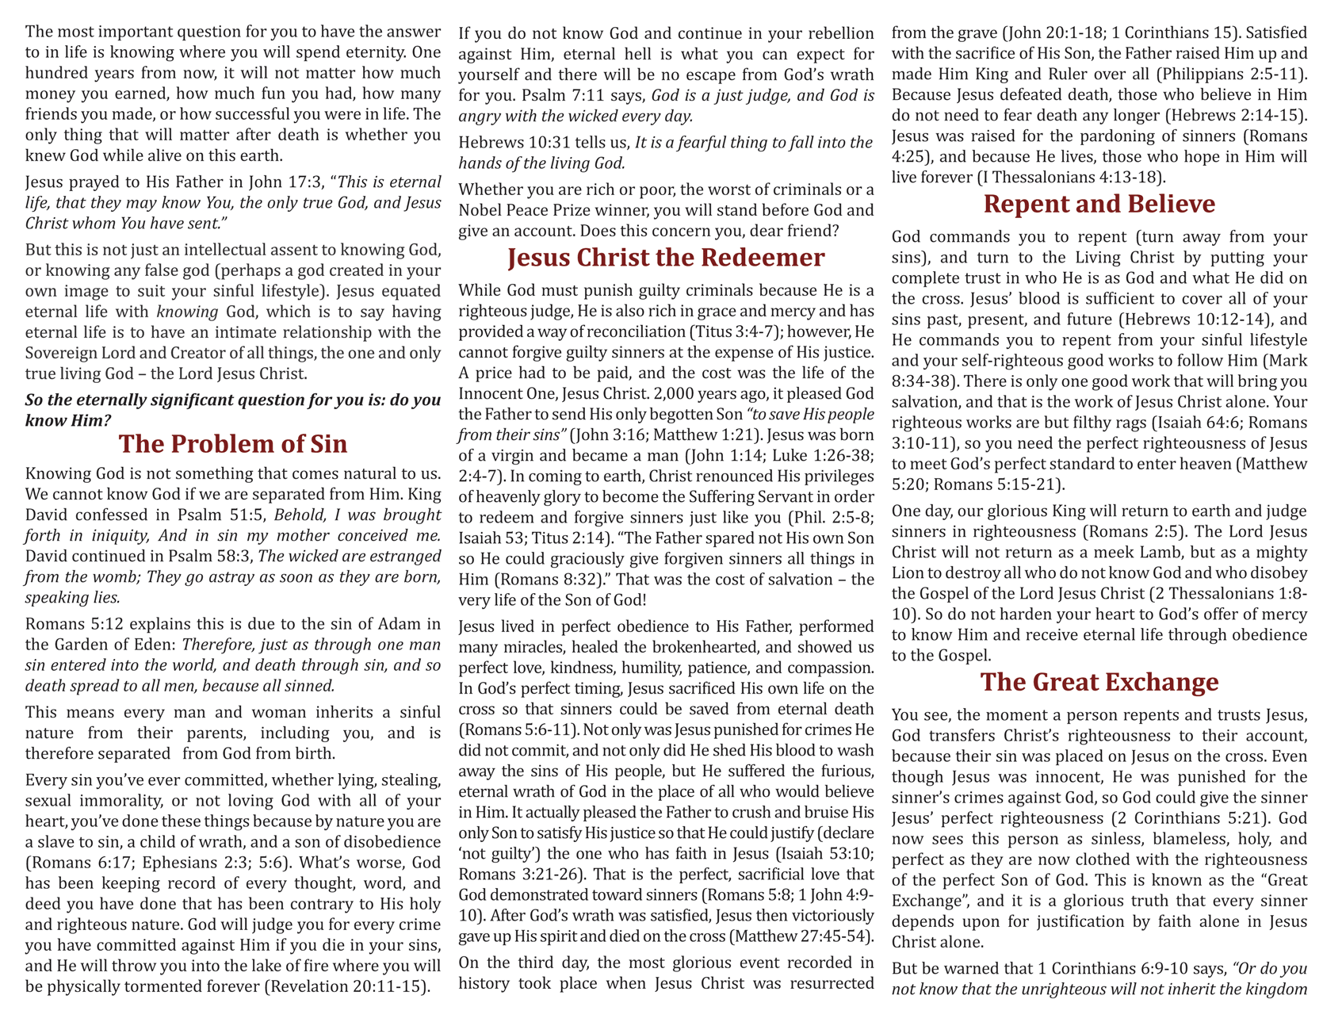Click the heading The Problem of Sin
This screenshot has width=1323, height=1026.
pyautogui.click(x=233, y=443)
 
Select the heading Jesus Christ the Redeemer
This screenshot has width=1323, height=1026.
pyautogui.click(x=666, y=258)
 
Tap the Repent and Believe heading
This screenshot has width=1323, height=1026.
pyautogui.click(x=1099, y=204)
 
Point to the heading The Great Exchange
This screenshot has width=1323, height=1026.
pyautogui.click(x=1099, y=682)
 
